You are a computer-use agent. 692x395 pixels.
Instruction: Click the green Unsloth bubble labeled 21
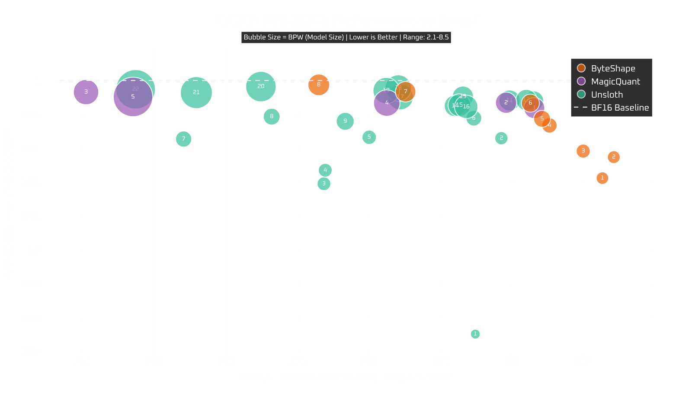[x=196, y=92]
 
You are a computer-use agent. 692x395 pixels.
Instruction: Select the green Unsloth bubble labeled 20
[x=261, y=86]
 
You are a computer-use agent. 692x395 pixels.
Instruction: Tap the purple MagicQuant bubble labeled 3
[x=86, y=92]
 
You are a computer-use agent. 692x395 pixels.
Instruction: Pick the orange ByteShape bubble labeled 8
[x=319, y=84]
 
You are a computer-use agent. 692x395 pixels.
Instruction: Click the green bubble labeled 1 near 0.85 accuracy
[x=475, y=334]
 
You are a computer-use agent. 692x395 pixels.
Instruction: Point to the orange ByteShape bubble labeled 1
[x=602, y=178]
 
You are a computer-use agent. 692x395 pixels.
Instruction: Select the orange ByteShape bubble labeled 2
[x=614, y=157]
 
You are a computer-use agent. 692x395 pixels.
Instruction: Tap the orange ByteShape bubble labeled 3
[x=583, y=151]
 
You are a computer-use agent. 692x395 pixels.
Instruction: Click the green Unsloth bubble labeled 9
[x=345, y=121]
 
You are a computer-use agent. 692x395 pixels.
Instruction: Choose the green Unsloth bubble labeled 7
[x=184, y=139]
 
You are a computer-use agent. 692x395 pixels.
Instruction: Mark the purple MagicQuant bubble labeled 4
[x=386, y=103]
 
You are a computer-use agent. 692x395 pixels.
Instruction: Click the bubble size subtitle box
[x=346, y=37]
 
